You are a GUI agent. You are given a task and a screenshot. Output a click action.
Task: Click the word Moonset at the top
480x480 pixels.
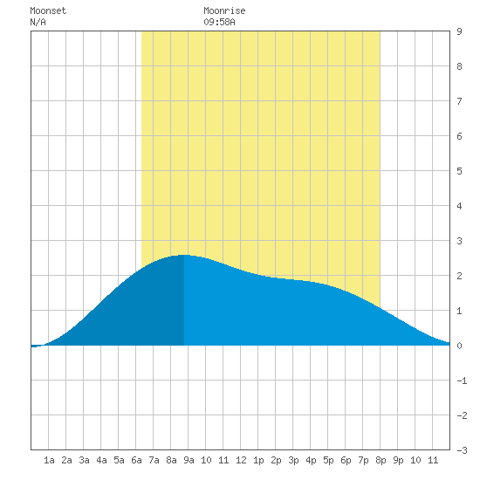[48, 10]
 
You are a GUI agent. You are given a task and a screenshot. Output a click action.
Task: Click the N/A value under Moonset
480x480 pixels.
[38, 22]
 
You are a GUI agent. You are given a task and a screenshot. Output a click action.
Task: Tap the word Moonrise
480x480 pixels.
[224, 10]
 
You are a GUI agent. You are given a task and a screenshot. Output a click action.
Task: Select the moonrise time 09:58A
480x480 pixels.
[219, 22]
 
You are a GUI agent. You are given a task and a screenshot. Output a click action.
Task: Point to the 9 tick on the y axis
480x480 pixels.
[459, 31]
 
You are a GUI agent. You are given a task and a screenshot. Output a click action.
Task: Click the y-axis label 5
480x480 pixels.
[459, 171]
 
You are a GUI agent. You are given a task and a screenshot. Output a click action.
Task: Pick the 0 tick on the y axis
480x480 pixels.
[459, 346]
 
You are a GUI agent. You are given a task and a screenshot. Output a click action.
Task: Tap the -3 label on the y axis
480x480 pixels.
[462, 450]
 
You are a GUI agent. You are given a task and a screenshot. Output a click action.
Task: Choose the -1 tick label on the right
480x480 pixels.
[462, 381]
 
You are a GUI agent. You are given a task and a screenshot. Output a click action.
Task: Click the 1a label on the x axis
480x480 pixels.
[49, 460]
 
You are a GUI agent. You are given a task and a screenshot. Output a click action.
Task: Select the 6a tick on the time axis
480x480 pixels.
[136, 460]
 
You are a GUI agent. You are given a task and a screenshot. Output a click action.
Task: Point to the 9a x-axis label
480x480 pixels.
[189, 460]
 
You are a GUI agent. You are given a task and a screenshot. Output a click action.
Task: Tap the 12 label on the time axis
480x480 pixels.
[241, 460]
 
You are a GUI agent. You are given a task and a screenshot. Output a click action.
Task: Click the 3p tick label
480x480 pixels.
[293, 460]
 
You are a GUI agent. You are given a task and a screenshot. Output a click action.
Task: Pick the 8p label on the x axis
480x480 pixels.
[381, 460]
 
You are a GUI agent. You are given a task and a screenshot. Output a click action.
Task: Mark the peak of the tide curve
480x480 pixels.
[183, 255]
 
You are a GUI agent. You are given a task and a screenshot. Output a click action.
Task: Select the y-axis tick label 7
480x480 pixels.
[459, 101]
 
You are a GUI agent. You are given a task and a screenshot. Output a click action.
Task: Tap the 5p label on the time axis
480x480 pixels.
[328, 460]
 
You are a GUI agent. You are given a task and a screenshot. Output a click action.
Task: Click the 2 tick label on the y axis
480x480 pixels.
[459, 276]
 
